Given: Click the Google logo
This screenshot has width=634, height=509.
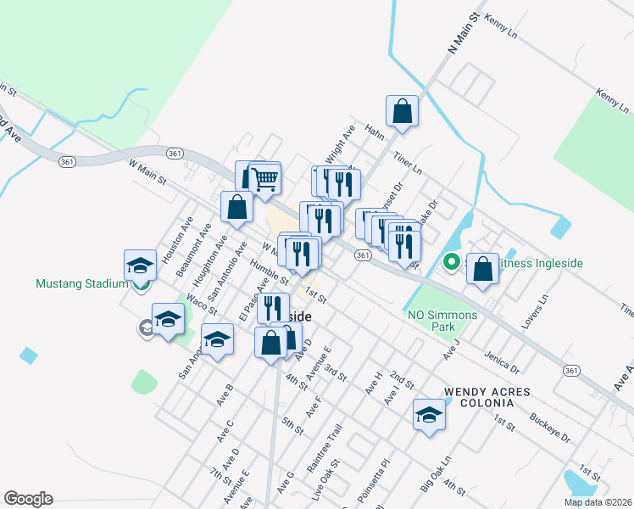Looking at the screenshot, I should (28, 499).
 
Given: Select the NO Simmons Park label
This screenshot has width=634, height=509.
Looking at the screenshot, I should (442, 321).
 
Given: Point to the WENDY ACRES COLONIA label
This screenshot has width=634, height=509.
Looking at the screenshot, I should (487, 397).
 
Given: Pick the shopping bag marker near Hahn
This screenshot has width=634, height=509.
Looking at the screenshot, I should (402, 111).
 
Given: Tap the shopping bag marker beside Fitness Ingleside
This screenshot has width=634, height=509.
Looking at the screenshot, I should (482, 271).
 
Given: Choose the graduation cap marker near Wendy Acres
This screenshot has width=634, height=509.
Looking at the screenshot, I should (429, 416).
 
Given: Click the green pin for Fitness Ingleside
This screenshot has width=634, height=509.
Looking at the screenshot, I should (452, 263).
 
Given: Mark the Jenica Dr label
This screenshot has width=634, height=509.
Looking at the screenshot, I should (502, 363).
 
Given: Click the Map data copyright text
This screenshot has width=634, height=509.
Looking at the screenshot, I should (598, 502).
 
